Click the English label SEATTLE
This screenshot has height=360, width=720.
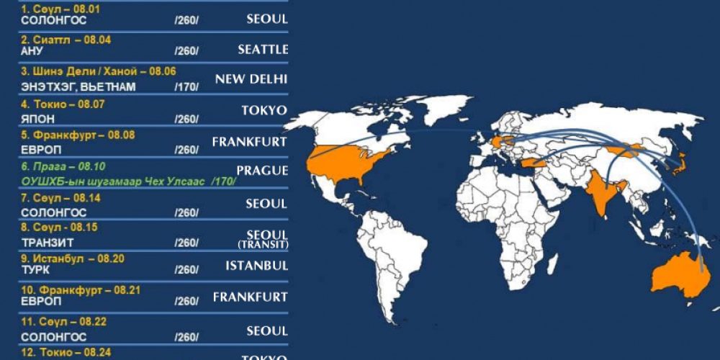tap(263, 50)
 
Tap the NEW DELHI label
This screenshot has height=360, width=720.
tap(251, 79)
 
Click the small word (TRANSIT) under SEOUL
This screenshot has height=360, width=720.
tap(263, 246)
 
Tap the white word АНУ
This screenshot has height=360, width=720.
tap(32, 51)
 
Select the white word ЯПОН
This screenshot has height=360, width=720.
tap(37, 118)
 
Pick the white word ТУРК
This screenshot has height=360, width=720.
tap(35, 269)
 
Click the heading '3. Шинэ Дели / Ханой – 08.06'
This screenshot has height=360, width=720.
tap(99, 71)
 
